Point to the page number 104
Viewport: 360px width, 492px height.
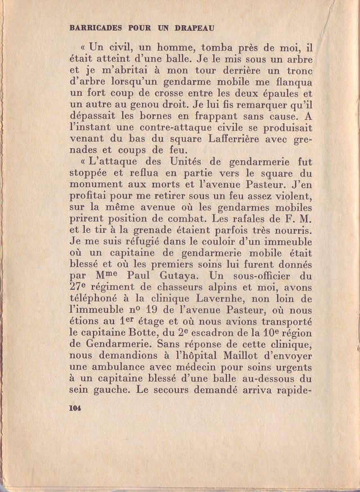(75, 409)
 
